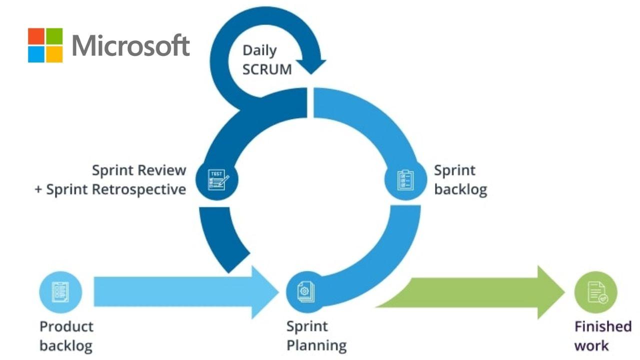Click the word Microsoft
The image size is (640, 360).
click(x=131, y=46)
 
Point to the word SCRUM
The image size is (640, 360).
click(x=267, y=69)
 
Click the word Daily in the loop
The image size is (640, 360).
click(x=259, y=50)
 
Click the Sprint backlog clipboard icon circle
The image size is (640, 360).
click(x=405, y=180)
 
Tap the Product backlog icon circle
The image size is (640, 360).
click(x=60, y=292)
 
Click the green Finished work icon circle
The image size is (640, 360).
click(x=595, y=292)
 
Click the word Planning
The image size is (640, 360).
click(x=316, y=345)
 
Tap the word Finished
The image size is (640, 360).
click(x=603, y=326)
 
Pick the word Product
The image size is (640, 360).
click(x=66, y=326)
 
